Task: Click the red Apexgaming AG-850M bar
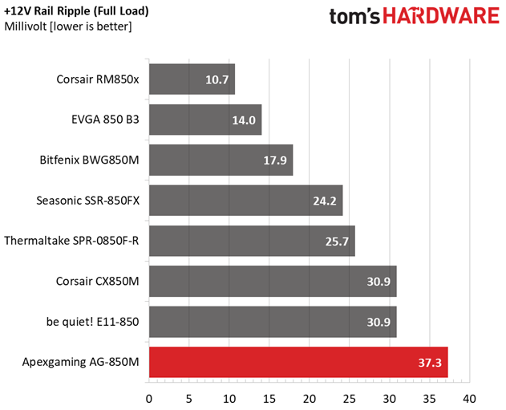coord(298,362)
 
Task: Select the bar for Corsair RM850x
coord(192,79)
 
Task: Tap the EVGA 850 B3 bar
coord(205,120)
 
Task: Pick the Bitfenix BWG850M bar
coord(221,160)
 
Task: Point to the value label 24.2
coord(325,201)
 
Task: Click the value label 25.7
coord(337,242)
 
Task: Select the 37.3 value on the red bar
coord(430,363)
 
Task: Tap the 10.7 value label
coord(217,79)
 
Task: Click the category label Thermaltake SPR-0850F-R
coord(71,241)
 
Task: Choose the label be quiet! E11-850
coord(92,322)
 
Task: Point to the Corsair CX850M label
coord(98,281)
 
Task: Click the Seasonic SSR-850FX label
coord(87,201)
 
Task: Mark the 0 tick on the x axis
coord(149,399)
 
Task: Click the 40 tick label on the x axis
coord(470,399)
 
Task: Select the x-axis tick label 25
coord(349,399)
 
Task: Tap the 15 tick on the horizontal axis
coord(269,399)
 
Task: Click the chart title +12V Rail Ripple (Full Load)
coord(76,11)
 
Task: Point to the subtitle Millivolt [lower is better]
coord(68,26)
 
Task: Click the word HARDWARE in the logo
coord(441,16)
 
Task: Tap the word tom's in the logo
coord(354,17)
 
